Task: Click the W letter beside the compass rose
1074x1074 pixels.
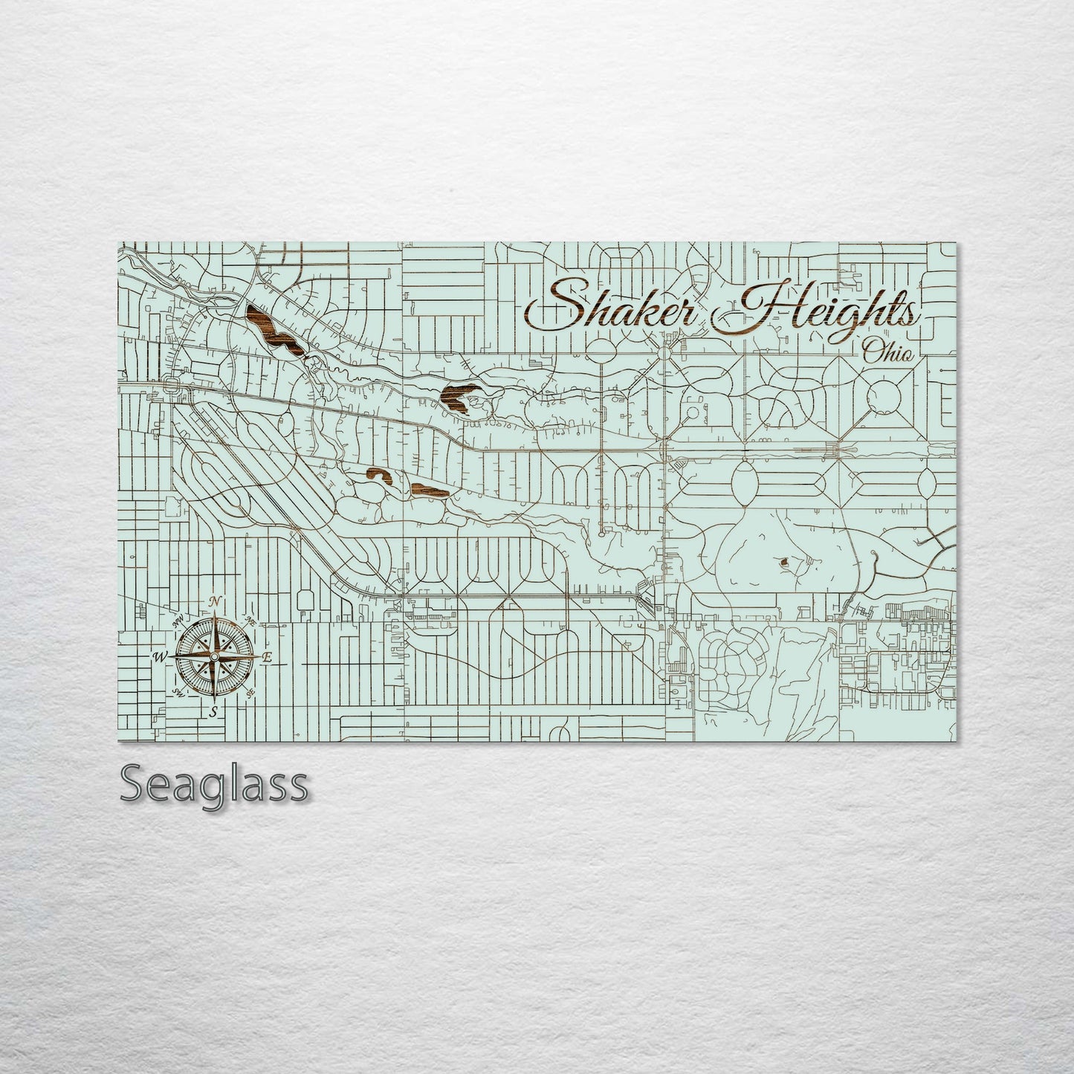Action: [160, 657]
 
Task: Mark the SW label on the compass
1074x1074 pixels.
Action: [178, 693]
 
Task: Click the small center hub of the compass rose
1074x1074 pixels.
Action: [214, 657]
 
